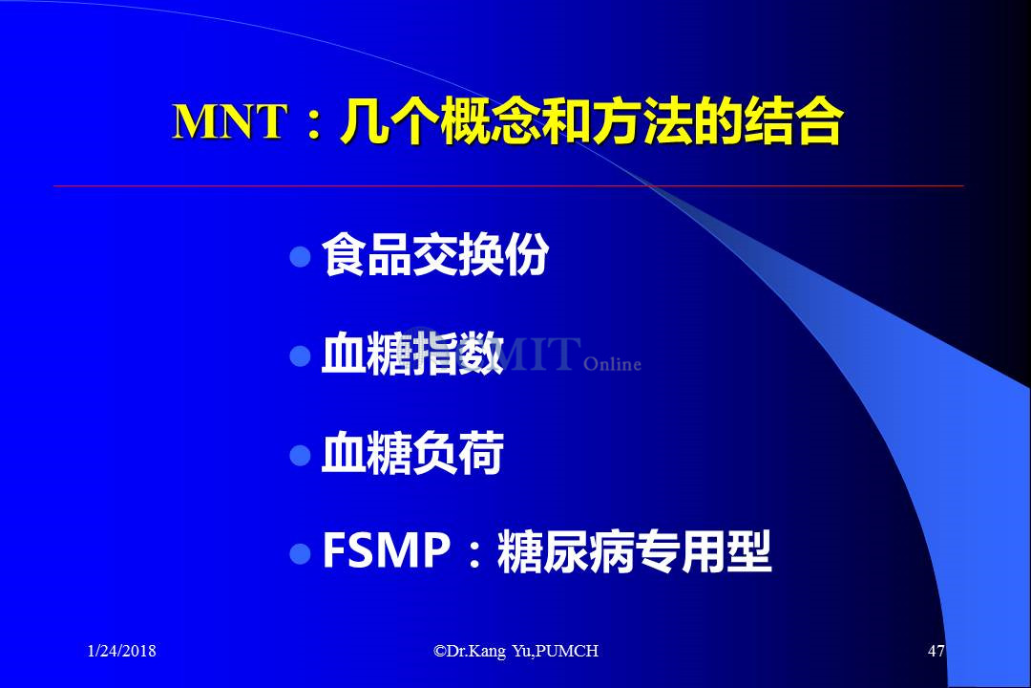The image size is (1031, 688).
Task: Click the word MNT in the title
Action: (x=229, y=121)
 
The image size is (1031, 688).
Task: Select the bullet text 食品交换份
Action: (x=434, y=255)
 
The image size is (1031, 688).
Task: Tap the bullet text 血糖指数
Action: (x=412, y=355)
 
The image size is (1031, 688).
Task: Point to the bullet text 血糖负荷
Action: (x=412, y=453)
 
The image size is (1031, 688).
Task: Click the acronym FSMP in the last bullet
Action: (x=387, y=550)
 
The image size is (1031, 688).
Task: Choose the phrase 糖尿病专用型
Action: (x=634, y=551)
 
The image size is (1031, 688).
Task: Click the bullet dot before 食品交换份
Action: (x=300, y=257)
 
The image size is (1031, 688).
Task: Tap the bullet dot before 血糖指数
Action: (x=300, y=356)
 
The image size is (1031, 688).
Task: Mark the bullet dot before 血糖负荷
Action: (x=300, y=455)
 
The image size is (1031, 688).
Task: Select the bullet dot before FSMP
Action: (x=300, y=553)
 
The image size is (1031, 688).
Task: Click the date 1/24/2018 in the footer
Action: (x=121, y=651)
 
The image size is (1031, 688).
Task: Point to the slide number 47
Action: (x=936, y=651)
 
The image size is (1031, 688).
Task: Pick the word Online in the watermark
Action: (x=612, y=364)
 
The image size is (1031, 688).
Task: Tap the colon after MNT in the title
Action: (x=314, y=124)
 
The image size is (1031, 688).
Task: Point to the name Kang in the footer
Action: (x=488, y=652)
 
